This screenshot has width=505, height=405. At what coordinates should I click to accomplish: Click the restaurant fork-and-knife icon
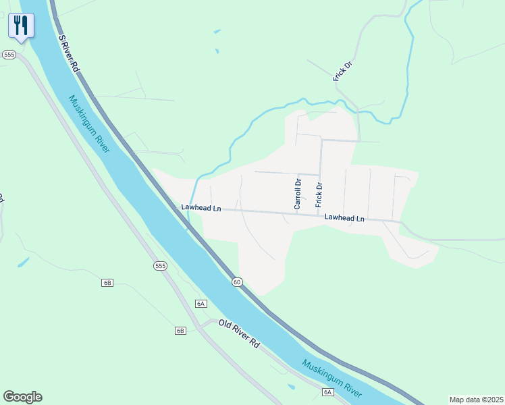[x=21, y=26]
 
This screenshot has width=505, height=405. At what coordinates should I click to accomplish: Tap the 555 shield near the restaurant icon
[x=9, y=55]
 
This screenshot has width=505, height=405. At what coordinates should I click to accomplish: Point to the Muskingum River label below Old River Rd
[x=332, y=378]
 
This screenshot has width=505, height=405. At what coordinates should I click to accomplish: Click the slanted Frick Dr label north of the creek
[x=343, y=71]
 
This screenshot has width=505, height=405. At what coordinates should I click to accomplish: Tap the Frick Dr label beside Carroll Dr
[x=319, y=194]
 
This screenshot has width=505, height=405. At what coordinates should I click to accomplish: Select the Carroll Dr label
[x=297, y=193]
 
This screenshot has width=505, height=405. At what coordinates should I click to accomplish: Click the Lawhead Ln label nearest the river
[x=201, y=208]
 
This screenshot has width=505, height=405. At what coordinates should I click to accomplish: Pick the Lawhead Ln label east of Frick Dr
[x=344, y=218]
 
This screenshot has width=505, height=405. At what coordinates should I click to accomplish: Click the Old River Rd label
[x=239, y=333]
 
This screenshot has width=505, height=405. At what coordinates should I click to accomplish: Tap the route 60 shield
[x=237, y=281]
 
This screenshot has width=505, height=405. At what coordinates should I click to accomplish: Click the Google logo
[x=22, y=397]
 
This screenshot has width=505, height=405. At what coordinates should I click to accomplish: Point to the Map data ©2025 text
[x=476, y=400]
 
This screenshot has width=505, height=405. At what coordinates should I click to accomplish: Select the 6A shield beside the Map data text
[x=327, y=392]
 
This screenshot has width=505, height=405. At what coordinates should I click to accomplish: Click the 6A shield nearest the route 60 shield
[x=201, y=304]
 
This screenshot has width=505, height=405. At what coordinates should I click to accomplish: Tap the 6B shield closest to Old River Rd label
[x=180, y=331]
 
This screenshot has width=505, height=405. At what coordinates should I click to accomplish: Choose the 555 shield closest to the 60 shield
[x=160, y=265]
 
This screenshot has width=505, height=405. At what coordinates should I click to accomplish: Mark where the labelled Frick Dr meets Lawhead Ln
[x=318, y=216]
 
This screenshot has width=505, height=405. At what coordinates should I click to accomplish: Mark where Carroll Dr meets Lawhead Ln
[x=296, y=215]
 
